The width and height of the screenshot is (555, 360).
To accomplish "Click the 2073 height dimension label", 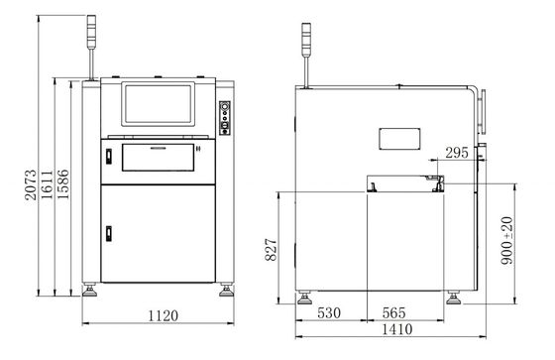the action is pos(31,184).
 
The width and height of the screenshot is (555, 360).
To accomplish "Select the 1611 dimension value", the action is pos(47,184).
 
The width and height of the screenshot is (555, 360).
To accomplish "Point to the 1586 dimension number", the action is pos(63,184).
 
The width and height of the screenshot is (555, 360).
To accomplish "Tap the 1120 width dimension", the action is pos(163,315).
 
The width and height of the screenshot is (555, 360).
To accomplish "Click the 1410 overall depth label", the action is pos(397,329).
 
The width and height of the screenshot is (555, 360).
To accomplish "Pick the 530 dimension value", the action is pos(329,312).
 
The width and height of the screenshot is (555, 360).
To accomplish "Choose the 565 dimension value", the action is pos(394,312).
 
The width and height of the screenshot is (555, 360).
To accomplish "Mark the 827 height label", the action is pos(272,250).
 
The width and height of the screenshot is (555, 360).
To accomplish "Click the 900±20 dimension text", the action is pos(506,241).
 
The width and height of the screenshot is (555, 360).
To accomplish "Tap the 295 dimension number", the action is pos(457,153).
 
